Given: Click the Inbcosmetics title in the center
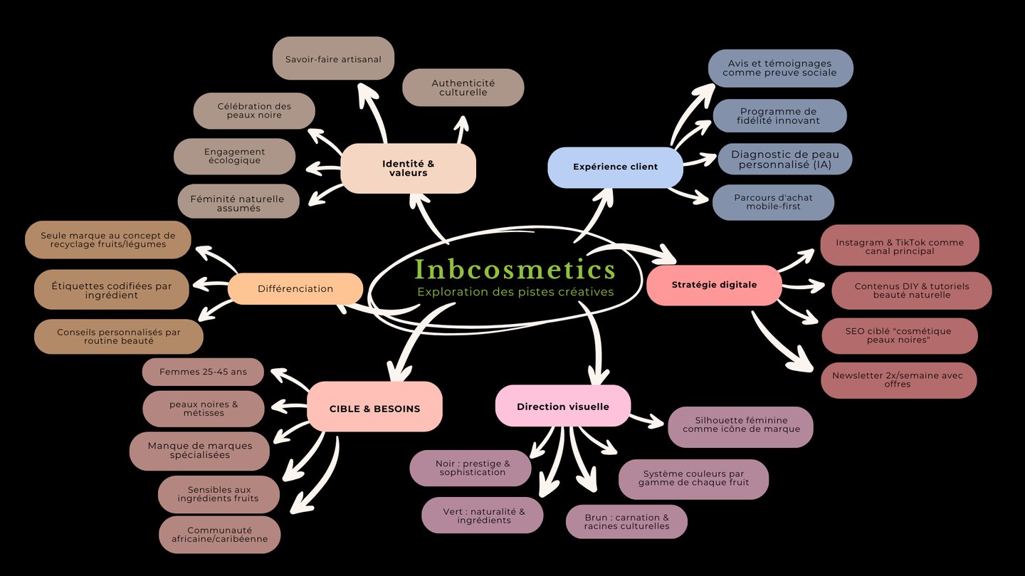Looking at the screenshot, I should click(515, 269).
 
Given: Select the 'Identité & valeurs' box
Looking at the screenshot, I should click(408, 169).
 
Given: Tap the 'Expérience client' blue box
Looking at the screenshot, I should click(615, 167).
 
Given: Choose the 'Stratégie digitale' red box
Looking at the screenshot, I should click(714, 285).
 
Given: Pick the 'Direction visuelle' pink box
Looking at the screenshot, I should click(562, 407).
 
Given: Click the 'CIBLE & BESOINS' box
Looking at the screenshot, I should click(374, 409).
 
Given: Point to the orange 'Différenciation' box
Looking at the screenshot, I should click(295, 288).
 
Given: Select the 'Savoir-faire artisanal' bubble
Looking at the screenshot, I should click(333, 59).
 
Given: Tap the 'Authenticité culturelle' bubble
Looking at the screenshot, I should click(463, 88).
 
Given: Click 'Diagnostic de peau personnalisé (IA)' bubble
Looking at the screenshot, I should click(784, 159).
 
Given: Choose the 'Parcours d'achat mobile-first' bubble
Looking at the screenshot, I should click(773, 202).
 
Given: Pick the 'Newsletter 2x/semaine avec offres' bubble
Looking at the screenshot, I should click(898, 379).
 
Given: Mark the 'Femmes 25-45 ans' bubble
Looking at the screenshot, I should click(203, 372).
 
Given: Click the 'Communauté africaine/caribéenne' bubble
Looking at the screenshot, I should click(219, 535).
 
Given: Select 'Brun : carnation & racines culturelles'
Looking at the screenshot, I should click(626, 522).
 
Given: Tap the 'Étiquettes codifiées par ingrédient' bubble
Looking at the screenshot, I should click(112, 290).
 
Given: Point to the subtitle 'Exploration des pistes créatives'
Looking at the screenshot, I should click(515, 292).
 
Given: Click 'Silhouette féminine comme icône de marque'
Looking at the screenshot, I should click(740, 425).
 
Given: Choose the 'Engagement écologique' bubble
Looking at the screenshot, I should click(234, 156).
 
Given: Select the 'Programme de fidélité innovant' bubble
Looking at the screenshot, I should click(779, 116).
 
